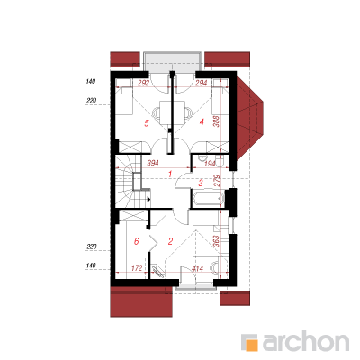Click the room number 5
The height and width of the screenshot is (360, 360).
(x=147, y=123)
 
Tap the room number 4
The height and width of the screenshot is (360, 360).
(x=202, y=122)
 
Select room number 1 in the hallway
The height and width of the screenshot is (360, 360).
(x=170, y=174)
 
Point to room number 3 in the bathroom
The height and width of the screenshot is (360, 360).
(x=201, y=183)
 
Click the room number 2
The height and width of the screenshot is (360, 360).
(x=170, y=241)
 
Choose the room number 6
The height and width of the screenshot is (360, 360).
(x=137, y=241)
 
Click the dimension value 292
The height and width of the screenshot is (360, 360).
(x=143, y=83)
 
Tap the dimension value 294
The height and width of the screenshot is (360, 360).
(x=201, y=83)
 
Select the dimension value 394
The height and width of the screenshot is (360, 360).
(x=152, y=164)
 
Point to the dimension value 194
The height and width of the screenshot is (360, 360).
(x=210, y=164)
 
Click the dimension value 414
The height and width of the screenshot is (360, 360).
(x=197, y=268)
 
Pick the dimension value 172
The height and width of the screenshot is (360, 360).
(x=137, y=268)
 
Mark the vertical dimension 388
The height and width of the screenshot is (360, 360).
(x=217, y=121)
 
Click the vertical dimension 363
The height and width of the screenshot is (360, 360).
(x=217, y=241)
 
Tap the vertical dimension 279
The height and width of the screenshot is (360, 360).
(x=217, y=181)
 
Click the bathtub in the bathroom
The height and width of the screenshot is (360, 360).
(x=209, y=199)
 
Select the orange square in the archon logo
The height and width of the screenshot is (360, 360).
(x=252, y=346)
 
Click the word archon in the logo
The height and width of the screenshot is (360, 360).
(x=306, y=341)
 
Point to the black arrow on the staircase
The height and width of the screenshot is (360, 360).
(x=148, y=199)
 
